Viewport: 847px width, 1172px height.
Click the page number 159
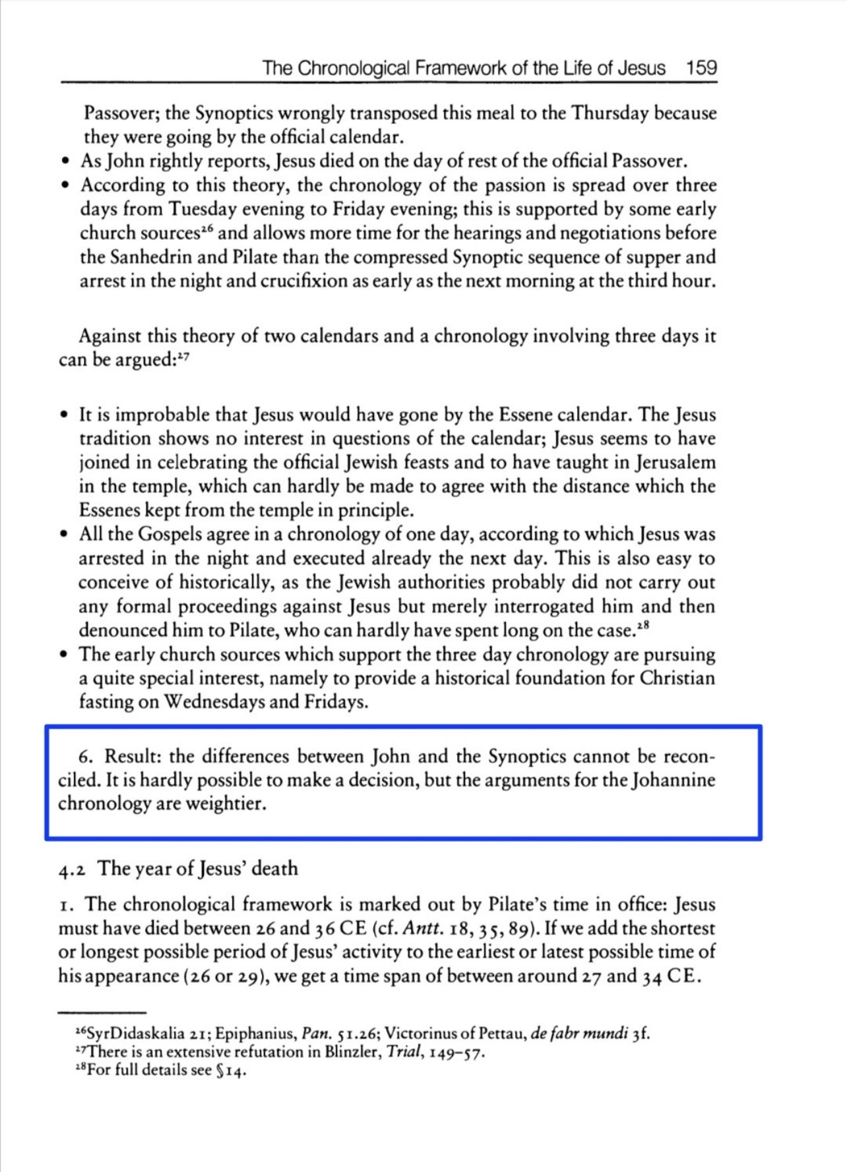(701, 68)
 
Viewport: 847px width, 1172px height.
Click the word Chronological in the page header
(355, 68)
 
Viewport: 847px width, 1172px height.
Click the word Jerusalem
(675, 462)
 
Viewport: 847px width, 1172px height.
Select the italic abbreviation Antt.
(417, 928)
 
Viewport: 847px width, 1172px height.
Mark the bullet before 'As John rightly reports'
(64, 161)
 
